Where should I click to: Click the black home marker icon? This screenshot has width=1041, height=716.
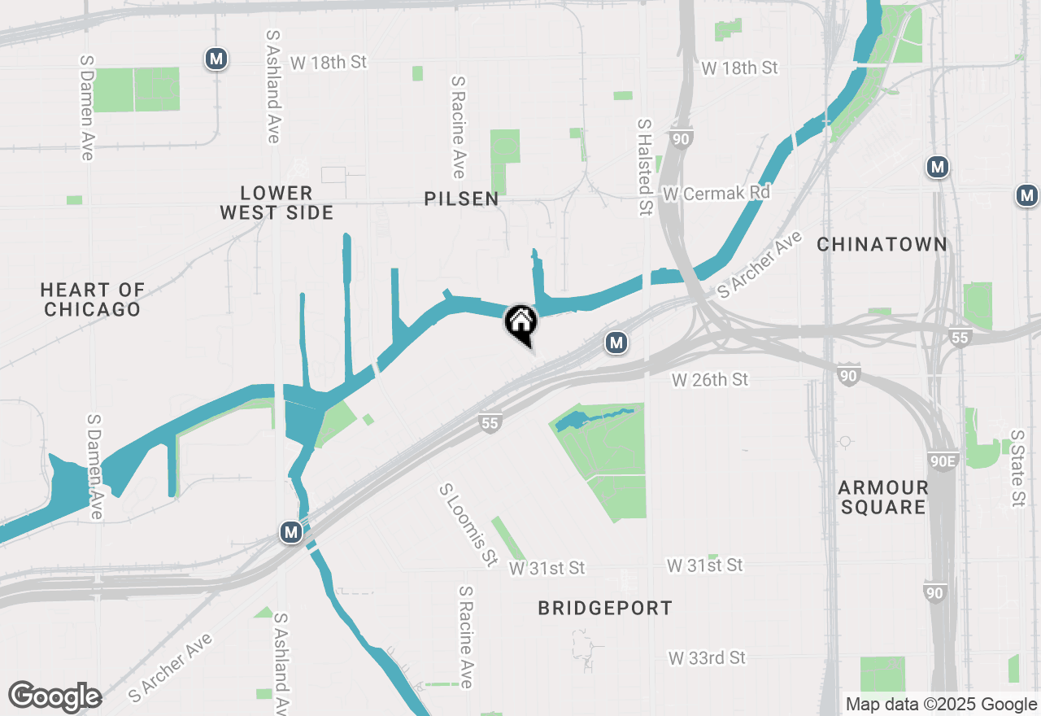tap(520, 322)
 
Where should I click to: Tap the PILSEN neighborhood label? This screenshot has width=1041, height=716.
tap(461, 199)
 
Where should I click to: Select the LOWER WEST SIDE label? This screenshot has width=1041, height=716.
tap(277, 203)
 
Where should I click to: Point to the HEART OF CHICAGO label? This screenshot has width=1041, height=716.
tap(92, 299)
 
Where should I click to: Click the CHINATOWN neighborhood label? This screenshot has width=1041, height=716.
tap(882, 244)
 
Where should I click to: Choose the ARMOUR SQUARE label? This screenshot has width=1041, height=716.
tap(883, 497)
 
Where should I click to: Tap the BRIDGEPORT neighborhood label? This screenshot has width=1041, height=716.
tap(605, 608)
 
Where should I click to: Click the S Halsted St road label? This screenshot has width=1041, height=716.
tap(645, 167)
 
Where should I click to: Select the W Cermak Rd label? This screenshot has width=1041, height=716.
tap(716, 194)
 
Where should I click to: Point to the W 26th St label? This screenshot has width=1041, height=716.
tap(709, 379)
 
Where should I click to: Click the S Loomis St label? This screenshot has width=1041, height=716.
tap(468, 526)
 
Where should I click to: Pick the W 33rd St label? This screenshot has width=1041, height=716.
tap(706, 657)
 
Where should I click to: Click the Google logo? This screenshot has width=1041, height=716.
tap(54, 696)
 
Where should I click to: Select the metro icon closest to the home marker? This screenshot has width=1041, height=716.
tap(616, 343)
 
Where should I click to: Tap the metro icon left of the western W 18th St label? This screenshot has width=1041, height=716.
tap(216, 59)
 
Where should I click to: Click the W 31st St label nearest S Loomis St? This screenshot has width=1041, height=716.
tap(547, 568)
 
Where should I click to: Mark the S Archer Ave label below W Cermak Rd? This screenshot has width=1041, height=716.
tap(758, 262)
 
